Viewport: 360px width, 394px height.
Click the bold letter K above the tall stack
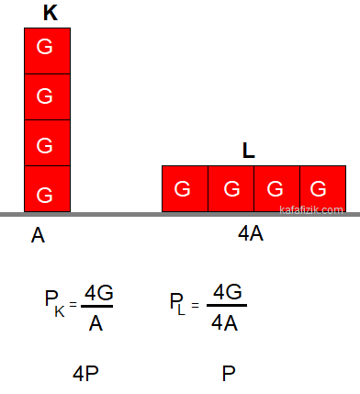tap(51, 13)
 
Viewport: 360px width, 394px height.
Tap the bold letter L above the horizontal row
tap(249, 151)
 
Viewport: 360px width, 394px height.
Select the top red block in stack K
tap(48, 51)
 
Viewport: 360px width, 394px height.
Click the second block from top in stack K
tap(48, 96)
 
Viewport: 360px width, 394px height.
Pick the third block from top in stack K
tap(48, 142)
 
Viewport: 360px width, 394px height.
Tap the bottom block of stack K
tap(48, 188)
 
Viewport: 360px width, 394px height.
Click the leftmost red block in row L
tap(185, 188)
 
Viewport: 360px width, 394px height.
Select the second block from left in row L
tap(231, 188)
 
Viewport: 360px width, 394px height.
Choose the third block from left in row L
tap(277, 188)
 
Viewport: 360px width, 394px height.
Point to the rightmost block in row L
tap(323, 188)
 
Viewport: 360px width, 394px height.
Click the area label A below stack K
tap(38, 235)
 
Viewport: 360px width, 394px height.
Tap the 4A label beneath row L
tap(251, 234)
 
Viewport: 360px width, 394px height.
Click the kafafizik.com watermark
tap(311, 210)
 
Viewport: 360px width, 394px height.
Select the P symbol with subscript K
tap(55, 302)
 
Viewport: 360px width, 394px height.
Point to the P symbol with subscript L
tap(177, 304)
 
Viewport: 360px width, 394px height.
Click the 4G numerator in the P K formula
tap(98, 293)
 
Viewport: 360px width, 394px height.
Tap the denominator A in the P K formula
tap(96, 323)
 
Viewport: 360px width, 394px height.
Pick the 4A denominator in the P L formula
tap(224, 322)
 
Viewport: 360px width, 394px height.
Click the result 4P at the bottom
tap(85, 374)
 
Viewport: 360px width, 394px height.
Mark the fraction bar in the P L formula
tap(227, 305)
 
